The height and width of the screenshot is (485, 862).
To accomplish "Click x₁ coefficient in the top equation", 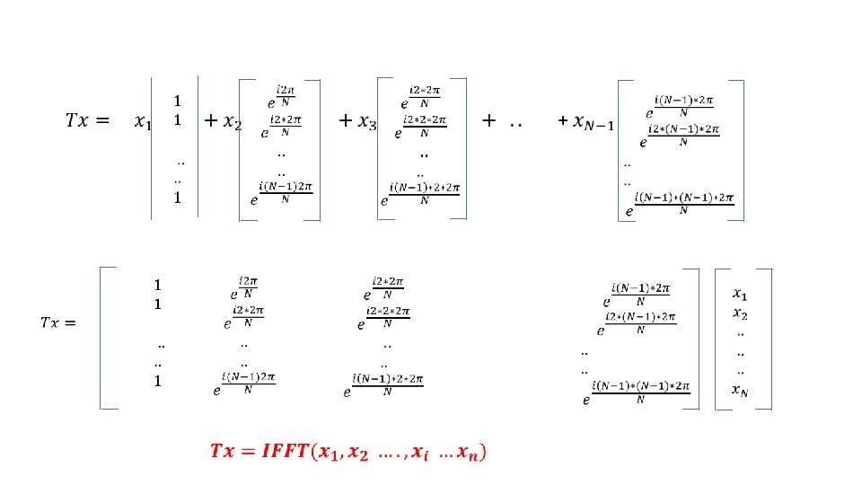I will click(142, 121).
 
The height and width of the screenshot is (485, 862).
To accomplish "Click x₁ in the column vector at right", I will click(739, 293).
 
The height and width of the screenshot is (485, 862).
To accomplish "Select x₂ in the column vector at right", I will click(739, 313).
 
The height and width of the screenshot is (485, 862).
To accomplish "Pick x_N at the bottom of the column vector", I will click(739, 389).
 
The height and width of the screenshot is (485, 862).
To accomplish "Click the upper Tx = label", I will click(86, 120).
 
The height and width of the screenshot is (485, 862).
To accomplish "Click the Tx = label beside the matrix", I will click(57, 322).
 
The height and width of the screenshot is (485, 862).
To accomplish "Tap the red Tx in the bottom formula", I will click(222, 451).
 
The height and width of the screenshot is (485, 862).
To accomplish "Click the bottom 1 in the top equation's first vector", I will click(178, 198).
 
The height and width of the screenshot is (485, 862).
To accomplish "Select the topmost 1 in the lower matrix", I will click(157, 285).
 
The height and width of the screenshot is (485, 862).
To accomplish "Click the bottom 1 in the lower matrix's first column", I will click(157, 382).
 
